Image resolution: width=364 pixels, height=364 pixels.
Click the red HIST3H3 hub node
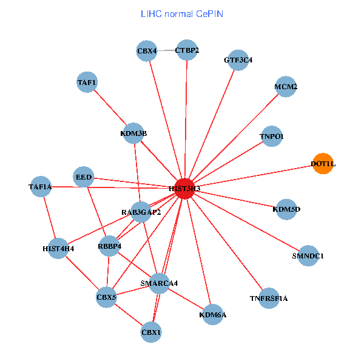pyautogui.click(x=184, y=189)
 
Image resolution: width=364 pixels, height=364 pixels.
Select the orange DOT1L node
pyautogui.click(x=323, y=164)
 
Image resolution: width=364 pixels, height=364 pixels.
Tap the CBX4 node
pyautogui.click(x=147, y=51)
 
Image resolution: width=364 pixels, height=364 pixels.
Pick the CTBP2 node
pyautogui.click(x=187, y=50)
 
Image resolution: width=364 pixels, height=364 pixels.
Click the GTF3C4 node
pyautogui.click(x=238, y=60)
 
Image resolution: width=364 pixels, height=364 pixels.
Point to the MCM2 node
pyautogui.click(x=286, y=87)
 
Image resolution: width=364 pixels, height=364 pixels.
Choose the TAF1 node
pyautogui.click(x=87, y=82)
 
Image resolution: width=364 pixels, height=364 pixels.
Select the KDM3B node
pyautogui.click(x=134, y=133)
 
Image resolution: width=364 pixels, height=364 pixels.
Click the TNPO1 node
pyautogui.click(x=271, y=137)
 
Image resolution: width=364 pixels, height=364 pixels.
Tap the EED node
pyautogui.click(x=84, y=177)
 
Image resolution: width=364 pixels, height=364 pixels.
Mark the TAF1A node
pyautogui.click(x=41, y=187)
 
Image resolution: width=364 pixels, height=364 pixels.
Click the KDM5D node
pyautogui.click(x=287, y=209)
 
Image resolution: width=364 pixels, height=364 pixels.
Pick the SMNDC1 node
pyautogui.click(x=308, y=255)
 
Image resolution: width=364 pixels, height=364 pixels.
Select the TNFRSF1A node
pyautogui.click(x=269, y=298)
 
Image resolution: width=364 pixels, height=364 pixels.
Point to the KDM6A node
pyautogui.click(x=213, y=314)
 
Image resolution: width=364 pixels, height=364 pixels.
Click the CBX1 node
pyautogui.click(x=151, y=332)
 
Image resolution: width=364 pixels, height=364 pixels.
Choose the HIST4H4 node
pyautogui.click(x=58, y=248)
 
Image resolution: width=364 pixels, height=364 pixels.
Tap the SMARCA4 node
pyautogui.click(x=159, y=283)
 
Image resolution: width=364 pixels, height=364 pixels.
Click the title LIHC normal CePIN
pyautogui.click(x=182, y=13)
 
